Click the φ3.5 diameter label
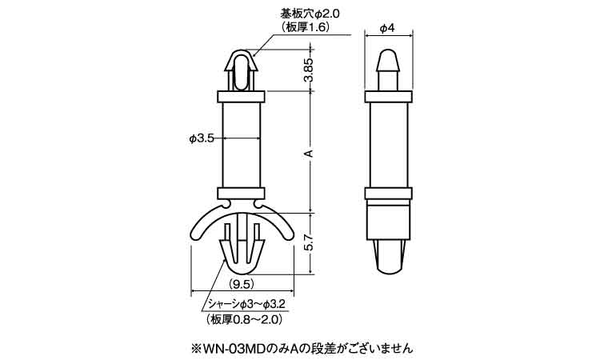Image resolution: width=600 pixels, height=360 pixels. [201, 138]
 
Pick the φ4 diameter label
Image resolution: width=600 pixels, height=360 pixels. [387, 28]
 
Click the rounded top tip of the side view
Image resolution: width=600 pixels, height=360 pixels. [388, 54]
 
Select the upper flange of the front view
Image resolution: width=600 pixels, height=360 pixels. [241, 96]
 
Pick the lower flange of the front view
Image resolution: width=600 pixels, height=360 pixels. [241, 193]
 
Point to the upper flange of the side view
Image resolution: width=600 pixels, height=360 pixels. [388, 96]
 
